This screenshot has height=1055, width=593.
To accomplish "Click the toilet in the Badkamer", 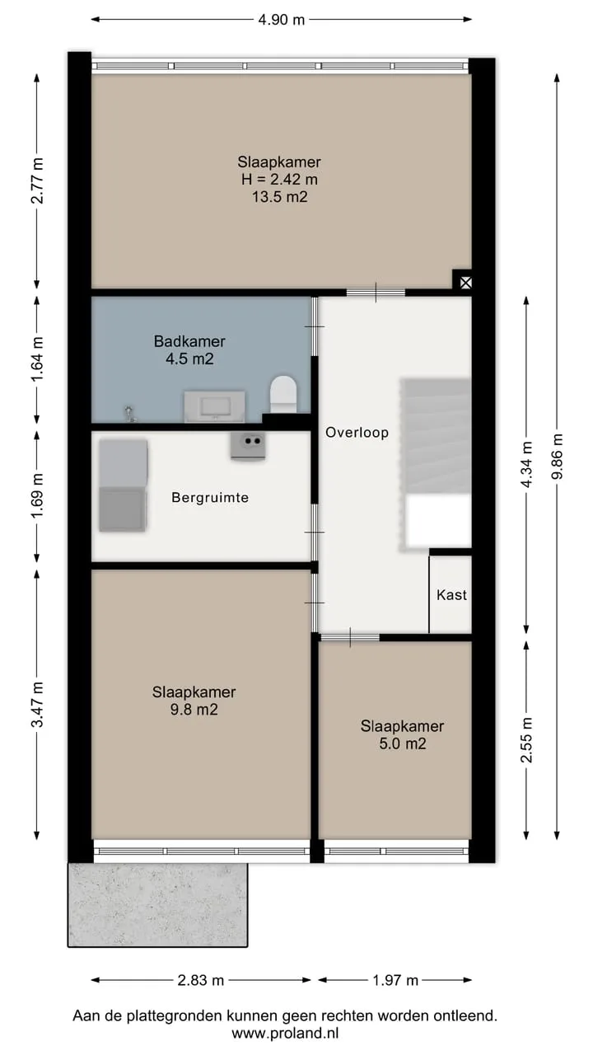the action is pyautogui.click(x=284, y=394).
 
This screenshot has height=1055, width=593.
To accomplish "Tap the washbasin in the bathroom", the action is pyautogui.click(x=215, y=406).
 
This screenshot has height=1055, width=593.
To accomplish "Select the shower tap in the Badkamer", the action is pyautogui.click(x=129, y=414).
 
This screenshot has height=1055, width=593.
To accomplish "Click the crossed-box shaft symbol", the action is pyautogui.click(x=465, y=283).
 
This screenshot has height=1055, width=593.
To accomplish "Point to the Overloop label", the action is pyautogui.click(x=357, y=433).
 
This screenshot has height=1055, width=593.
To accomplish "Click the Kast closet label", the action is pyautogui.click(x=452, y=595).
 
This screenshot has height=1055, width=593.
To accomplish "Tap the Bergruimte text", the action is pyautogui.click(x=210, y=497).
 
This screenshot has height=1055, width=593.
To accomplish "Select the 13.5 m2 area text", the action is pyautogui.click(x=279, y=196).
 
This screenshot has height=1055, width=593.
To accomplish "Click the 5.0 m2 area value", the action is pyautogui.click(x=403, y=743).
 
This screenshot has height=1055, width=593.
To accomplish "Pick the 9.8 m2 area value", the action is pyautogui.click(x=194, y=710).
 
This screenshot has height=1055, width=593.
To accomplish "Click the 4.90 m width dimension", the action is pyautogui.click(x=282, y=20).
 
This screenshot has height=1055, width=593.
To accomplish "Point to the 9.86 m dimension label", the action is pyautogui.click(x=558, y=457).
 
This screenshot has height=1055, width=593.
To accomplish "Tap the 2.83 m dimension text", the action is pyautogui.click(x=200, y=980).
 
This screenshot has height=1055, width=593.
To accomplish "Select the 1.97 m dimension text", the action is pyautogui.click(x=395, y=980).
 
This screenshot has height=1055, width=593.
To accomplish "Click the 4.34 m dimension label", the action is pyautogui.click(x=526, y=465).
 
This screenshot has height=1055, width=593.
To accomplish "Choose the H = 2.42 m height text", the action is pyautogui.click(x=279, y=179).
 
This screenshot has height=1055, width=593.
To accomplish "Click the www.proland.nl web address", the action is pyautogui.click(x=285, y=1034).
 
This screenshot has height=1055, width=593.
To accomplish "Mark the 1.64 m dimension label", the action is pyautogui.click(x=37, y=359).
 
